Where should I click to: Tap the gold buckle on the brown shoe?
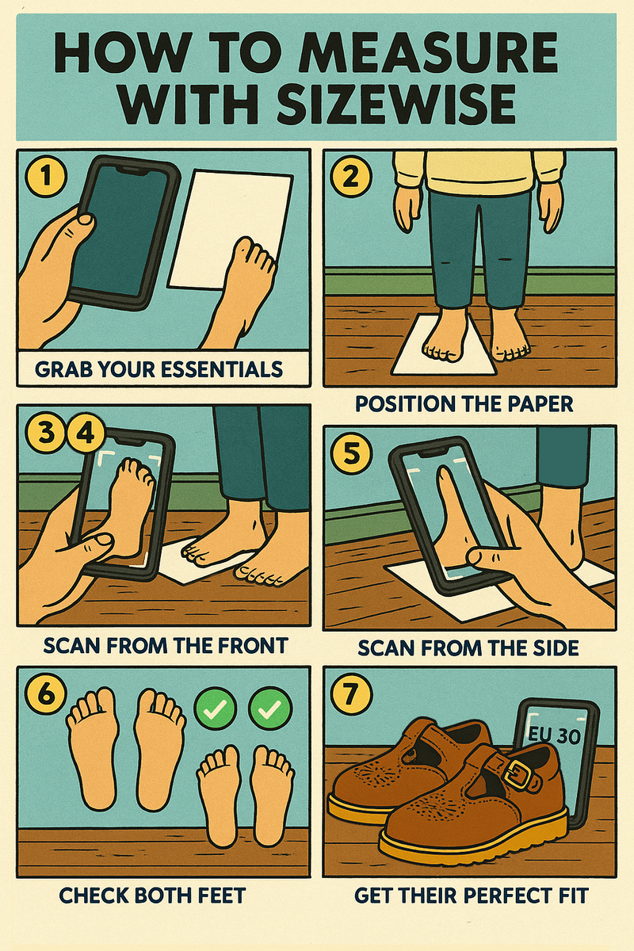point(519,772)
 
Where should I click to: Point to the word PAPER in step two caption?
point(536,404)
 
